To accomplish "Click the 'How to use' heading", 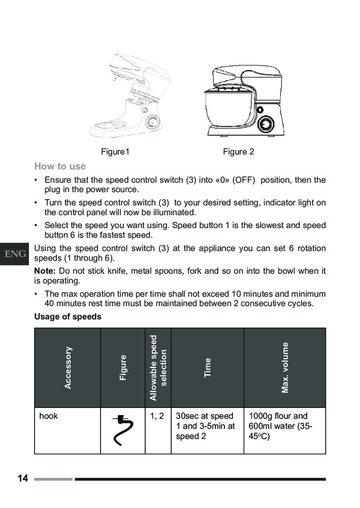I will [60, 166].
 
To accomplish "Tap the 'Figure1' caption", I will [115, 151].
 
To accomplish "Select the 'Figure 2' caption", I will [238, 151].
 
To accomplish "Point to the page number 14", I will [22, 479].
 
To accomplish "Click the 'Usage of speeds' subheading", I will [68, 316].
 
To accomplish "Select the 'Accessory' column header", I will [68, 367].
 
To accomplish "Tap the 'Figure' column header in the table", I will [123, 367].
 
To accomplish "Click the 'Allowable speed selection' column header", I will [158, 367].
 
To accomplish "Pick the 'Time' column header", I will [207, 367].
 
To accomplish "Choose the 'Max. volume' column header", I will [285, 367].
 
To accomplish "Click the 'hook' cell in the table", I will [49, 416].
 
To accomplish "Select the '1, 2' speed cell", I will [157, 416].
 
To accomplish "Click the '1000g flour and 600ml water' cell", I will [281, 426].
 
